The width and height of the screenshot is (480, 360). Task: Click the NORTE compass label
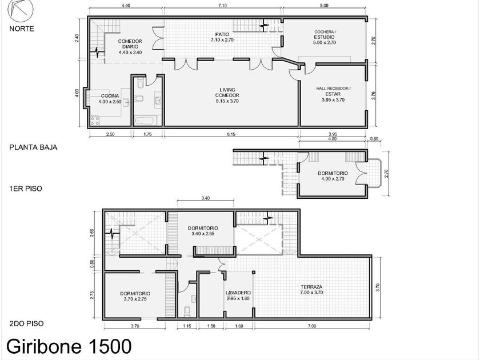pyautogui.click(x=22, y=29)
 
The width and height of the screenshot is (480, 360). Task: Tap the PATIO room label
pyautogui.click(x=222, y=34)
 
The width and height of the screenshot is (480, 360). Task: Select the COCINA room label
pyautogui.click(x=110, y=96)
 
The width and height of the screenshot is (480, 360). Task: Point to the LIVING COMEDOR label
pyautogui.click(x=227, y=93)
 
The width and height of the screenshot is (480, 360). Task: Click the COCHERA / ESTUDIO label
pyautogui.click(x=325, y=34)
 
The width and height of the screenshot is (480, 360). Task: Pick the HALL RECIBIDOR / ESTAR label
pyautogui.click(x=333, y=91)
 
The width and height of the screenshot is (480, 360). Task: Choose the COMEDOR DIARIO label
pyautogui.click(x=130, y=44)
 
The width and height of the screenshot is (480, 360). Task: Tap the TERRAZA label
pyautogui.click(x=311, y=287)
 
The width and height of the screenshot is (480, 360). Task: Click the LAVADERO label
pyautogui.click(x=238, y=293)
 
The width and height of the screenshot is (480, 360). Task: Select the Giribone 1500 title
pyautogui.click(x=69, y=346)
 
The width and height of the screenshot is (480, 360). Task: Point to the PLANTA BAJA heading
pyautogui.click(x=33, y=147)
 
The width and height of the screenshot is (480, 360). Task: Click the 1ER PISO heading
pyautogui.click(x=26, y=189)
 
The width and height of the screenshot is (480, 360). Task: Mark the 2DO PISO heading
pyautogui.click(x=26, y=323)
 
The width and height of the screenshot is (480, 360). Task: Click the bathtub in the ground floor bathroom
pyautogui.click(x=145, y=120)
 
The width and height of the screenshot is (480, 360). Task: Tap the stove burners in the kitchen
pyautogui.click(x=95, y=121)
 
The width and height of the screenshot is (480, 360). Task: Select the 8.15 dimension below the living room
pyautogui.click(x=231, y=134)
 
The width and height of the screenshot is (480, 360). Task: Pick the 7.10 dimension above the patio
pyautogui.click(x=222, y=6)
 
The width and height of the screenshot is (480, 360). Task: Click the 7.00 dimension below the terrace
pyautogui.click(x=311, y=326)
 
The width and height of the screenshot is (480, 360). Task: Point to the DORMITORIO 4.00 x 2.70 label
pyautogui.click(x=333, y=176)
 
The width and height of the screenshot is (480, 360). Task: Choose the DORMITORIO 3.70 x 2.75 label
pyautogui.click(x=135, y=297)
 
